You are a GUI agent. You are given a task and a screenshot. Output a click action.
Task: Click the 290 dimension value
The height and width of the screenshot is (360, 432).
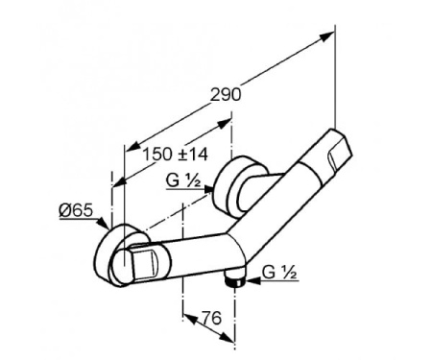click(225, 95)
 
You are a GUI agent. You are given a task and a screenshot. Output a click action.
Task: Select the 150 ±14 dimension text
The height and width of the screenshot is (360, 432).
click(175, 155)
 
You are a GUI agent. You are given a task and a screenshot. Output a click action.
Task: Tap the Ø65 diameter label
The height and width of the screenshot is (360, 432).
click(76, 210)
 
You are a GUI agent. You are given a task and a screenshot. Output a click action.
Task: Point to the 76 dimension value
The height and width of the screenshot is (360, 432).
click(211, 318)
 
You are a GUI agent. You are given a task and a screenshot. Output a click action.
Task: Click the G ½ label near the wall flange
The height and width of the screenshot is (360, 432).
click(183, 181)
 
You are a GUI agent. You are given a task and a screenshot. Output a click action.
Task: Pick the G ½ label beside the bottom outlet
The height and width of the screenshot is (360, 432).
click(279, 273)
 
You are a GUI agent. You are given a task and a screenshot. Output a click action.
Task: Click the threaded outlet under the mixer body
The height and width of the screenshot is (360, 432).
click(234, 280)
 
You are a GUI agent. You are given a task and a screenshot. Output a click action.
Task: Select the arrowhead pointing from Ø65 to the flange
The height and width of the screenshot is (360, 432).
click(103, 223)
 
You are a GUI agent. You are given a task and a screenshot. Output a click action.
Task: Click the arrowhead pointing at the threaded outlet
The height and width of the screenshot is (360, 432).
click(252, 280)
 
